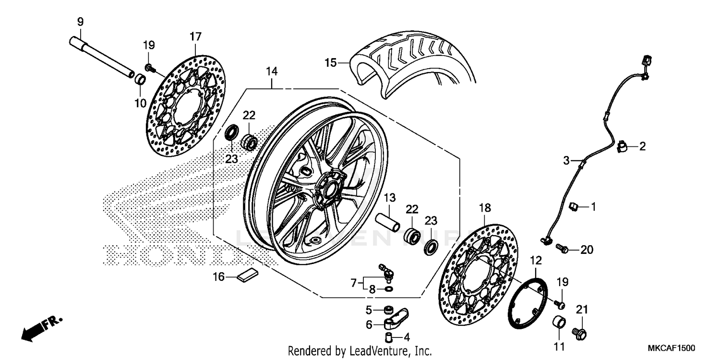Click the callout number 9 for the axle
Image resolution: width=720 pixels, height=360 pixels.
pyautogui.click(x=80, y=22)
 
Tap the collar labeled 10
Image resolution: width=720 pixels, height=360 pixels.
pyautogui.click(x=140, y=79)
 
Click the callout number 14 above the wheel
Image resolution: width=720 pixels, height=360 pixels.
pyautogui.click(x=272, y=72)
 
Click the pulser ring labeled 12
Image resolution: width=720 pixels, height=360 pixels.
pyautogui.click(x=528, y=302)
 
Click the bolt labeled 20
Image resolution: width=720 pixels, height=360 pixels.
pyautogui.click(x=562, y=249)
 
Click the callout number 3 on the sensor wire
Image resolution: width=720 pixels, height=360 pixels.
pyautogui.click(x=566, y=161)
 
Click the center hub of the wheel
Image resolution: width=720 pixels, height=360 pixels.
pyautogui.click(x=331, y=189)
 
